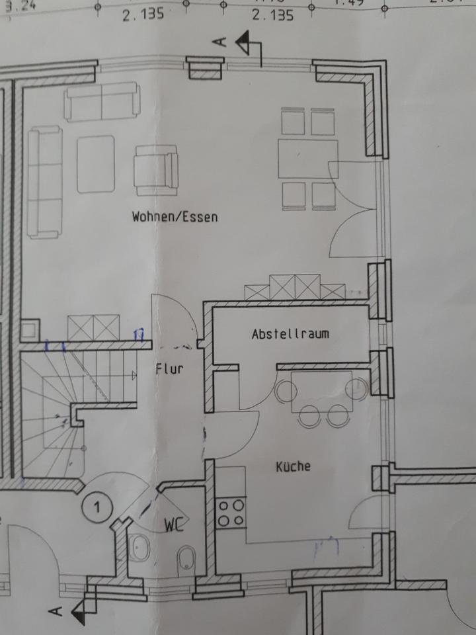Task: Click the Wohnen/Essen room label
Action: [175, 216]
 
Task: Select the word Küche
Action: [293, 466]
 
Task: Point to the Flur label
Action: [169, 370]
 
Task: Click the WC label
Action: [174, 527]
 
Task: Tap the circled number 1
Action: [97, 508]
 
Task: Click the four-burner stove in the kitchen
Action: [231, 513]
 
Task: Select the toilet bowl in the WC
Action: [187, 557]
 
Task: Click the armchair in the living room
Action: [156, 170]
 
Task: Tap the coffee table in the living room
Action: [96, 164]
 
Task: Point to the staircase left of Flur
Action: [73, 410]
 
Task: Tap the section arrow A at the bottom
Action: [78, 610]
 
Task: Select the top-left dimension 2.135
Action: [142, 15]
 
